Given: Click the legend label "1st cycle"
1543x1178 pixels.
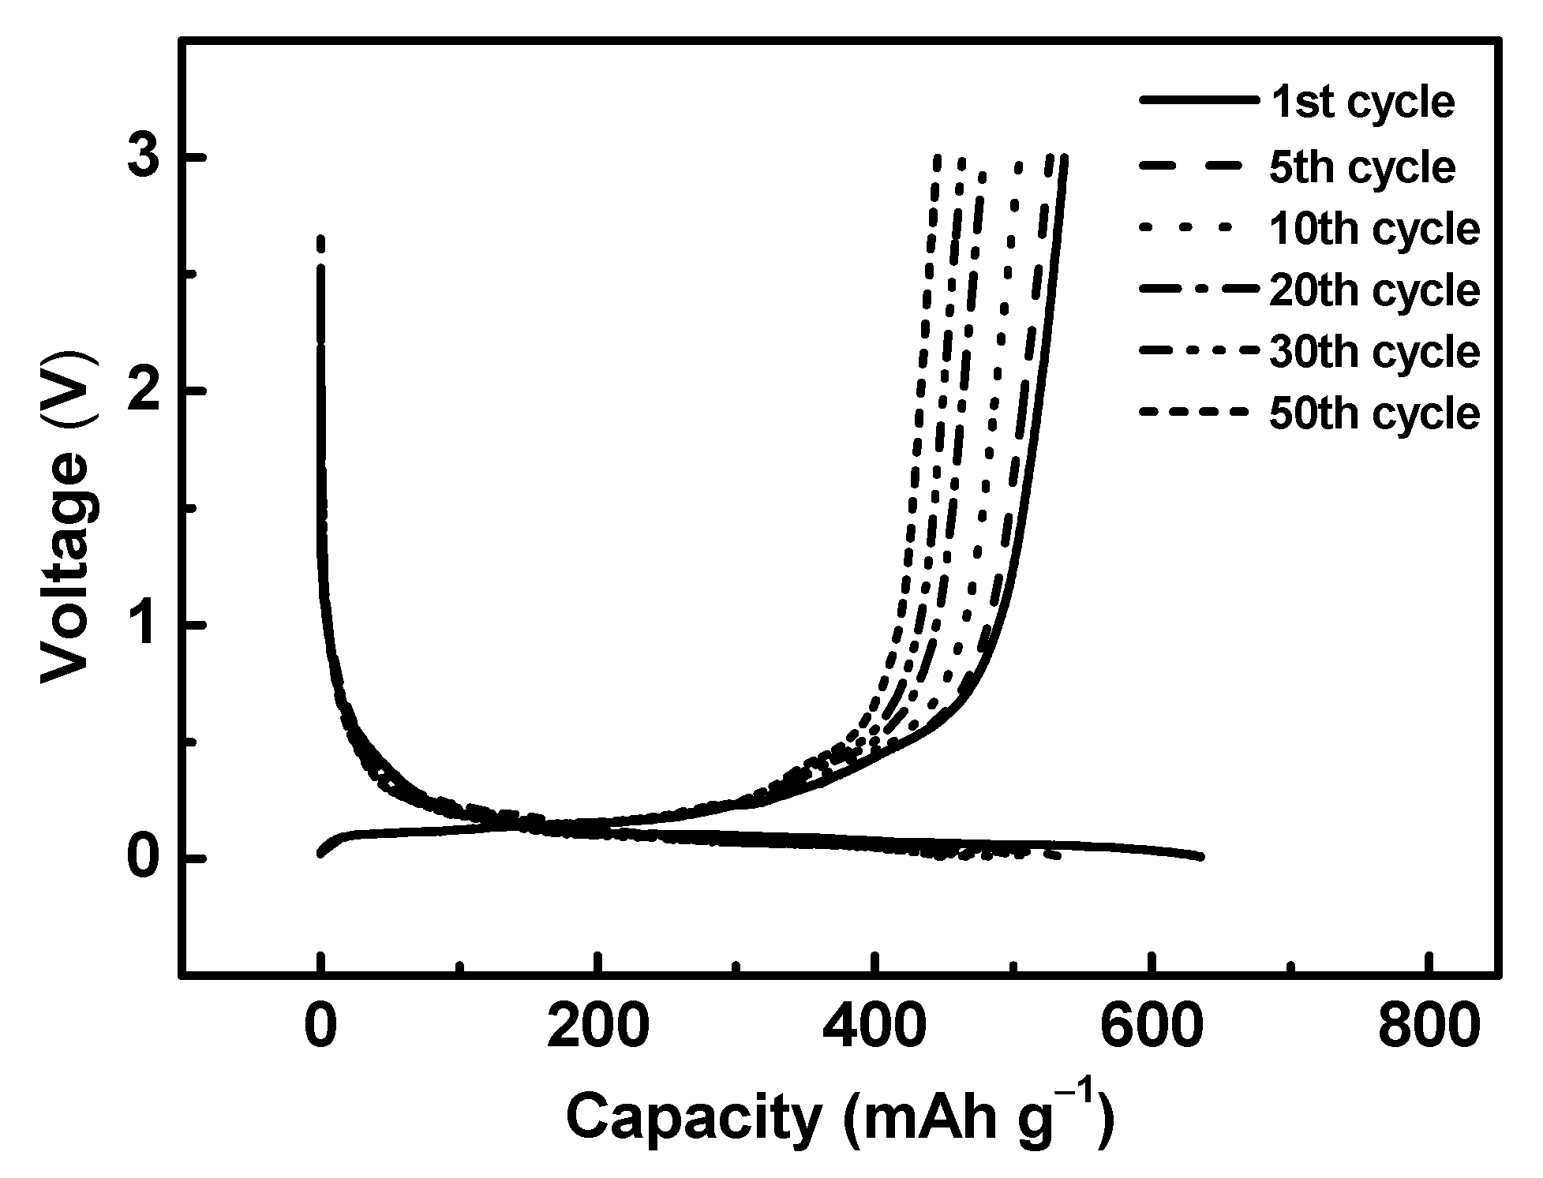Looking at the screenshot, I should pos(1362,103).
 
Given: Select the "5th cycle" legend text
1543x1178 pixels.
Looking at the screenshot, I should pos(1362,167).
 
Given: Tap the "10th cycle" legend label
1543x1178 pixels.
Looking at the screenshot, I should pos(1374,230).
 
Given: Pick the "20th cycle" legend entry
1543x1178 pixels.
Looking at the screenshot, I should pos(1374,291).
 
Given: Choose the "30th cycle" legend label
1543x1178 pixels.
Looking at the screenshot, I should pos(1374,352).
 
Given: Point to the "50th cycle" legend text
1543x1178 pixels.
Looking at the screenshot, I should pos(1374,413).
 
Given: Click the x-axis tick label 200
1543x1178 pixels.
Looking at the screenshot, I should pos(598,1028).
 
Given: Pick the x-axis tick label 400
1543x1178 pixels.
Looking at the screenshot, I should pos(874,1028).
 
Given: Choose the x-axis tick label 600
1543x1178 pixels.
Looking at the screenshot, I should pos(1152,1028).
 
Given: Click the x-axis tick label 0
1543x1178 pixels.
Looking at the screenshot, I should pos(320,1028).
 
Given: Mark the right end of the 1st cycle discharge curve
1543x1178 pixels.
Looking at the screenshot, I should pos(1200,856).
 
